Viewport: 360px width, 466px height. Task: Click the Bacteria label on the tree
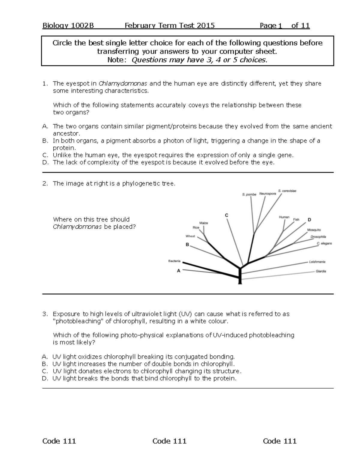(x=174, y=261)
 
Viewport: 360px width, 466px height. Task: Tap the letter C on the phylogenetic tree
(x=226, y=215)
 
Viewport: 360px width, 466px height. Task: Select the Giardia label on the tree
(x=321, y=271)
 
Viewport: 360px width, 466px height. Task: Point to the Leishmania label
(x=317, y=262)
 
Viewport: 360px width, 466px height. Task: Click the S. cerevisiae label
(x=287, y=191)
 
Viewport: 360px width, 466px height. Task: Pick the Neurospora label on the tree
(x=268, y=194)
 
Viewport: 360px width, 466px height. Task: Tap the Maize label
(x=204, y=223)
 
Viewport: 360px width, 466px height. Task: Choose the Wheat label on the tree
(x=190, y=236)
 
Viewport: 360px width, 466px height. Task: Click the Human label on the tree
(x=284, y=217)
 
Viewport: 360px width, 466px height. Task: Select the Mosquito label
(x=314, y=230)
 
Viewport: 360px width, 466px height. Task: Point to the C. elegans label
(x=324, y=243)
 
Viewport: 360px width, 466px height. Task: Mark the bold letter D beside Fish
(x=309, y=220)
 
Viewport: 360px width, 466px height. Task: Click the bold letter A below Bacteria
(x=179, y=271)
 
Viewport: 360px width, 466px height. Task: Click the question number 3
(x=45, y=314)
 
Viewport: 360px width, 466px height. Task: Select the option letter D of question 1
(x=45, y=162)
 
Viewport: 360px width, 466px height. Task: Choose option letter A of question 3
(x=45, y=357)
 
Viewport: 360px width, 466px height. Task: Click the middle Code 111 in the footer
(x=169, y=441)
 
